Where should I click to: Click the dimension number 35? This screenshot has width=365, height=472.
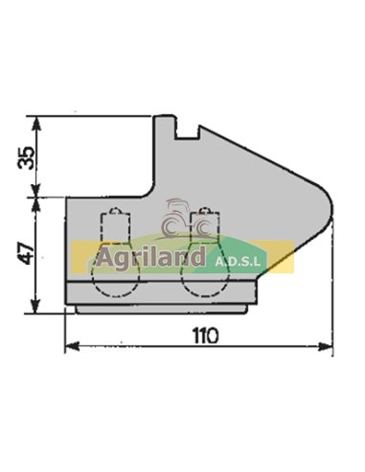tap(30, 156)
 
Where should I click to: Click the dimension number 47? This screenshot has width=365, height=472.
tap(29, 253)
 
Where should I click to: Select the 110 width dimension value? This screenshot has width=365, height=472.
tap(203, 337)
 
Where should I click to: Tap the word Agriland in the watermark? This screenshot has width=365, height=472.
tap(150, 257)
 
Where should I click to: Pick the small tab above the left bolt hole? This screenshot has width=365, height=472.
tap(115, 213)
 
